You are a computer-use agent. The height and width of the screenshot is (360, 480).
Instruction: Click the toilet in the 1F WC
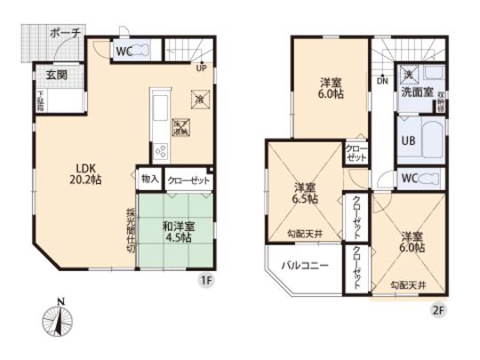[x=148, y=51]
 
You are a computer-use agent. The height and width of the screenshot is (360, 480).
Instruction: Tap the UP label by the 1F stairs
[x=201, y=68]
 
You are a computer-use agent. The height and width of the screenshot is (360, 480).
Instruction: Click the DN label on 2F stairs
[x=382, y=81]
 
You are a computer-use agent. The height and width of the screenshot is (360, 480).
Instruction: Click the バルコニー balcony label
[x=307, y=266]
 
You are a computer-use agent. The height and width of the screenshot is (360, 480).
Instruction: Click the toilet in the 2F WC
[x=429, y=178]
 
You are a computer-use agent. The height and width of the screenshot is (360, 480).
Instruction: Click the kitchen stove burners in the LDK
[x=162, y=151]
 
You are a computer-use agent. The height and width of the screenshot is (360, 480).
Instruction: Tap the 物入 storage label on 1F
[x=148, y=180]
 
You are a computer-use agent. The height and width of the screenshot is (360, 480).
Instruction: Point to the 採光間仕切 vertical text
[x=129, y=229]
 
